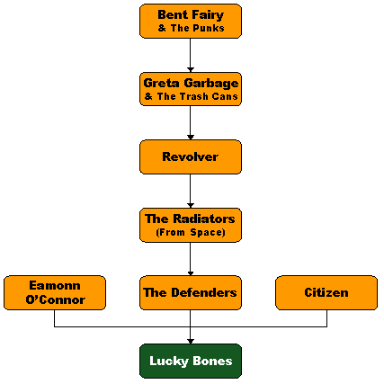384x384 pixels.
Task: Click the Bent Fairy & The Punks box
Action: (191, 21)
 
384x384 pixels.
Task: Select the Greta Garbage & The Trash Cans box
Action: (191, 89)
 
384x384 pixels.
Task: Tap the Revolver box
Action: (191, 156)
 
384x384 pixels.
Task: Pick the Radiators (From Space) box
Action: (191, 225)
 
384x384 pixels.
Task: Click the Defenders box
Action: (191, 292)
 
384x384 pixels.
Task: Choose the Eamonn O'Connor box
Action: (55, 292)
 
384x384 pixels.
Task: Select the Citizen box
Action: (326, 292)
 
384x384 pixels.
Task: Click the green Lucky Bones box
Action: (191, 361)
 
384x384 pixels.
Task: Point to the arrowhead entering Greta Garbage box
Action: (191, 70)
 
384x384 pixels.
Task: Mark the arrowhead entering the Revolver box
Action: (191, 138)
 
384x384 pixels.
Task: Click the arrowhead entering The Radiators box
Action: (191, 206)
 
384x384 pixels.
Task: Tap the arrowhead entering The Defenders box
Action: (191, 273)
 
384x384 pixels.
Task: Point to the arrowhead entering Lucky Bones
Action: (191, 342)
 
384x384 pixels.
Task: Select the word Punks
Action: (211, 28)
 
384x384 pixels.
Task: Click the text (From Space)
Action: (191, 232)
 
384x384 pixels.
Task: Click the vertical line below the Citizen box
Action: (326, 318)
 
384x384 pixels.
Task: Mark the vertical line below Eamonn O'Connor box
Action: (54, 318)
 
